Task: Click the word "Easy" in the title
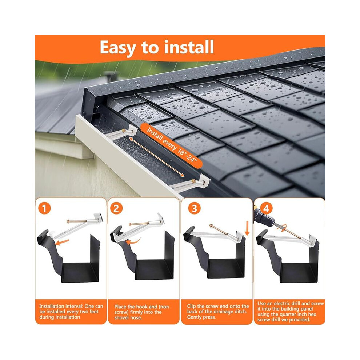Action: pyautogui.click(x=118, y=48)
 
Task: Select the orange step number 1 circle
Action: pyautogui.click(x=44, y=208)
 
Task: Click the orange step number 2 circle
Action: pyautogui.click(x=116, y=208)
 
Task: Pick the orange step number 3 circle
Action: pyautogui.click(x=194, y=208)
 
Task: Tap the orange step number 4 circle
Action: pyautogui.click(x=266, y=208)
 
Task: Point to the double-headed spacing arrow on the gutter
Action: pyautogui.click(x=157, y=157)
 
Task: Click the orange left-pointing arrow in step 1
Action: pyautogui.click(x=62, y=242)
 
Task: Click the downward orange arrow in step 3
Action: pyautogui.click(x=247, y=228)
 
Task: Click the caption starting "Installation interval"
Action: pyautogui.click(x=71, y=312)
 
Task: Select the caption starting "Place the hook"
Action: pyautogui.click(x=142, y=312)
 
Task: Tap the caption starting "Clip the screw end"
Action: pyautogui.click(x=218, y=312)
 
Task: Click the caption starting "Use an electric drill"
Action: pyautogui.click(x=291, y=311)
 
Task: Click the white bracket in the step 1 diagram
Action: pyautogui.click(x=76, y=226)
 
